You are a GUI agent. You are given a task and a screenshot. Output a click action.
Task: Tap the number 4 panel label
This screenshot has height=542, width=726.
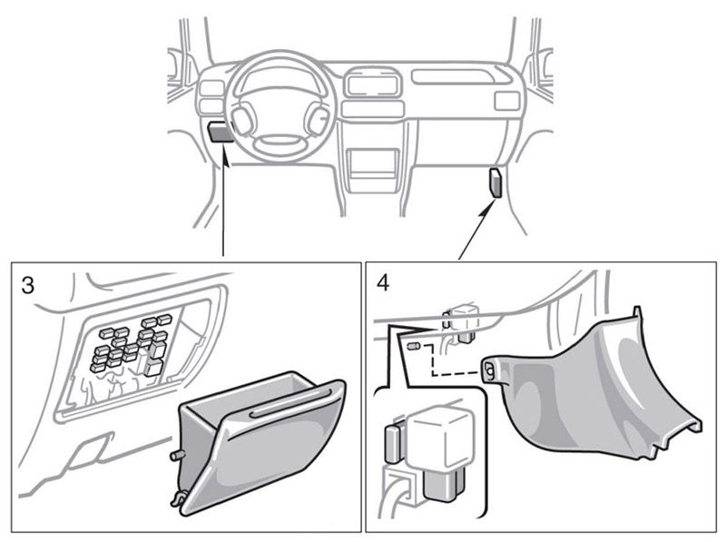coord(383,282)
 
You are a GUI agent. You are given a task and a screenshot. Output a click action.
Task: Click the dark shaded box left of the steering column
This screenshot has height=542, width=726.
coord(218,132)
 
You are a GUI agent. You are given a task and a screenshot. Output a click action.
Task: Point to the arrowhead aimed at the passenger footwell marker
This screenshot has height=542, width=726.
coord(490,202)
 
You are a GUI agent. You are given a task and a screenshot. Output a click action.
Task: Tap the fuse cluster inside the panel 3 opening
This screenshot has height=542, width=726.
coord(132,345)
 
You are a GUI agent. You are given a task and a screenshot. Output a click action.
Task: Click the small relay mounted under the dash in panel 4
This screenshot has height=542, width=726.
coord(466,320)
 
